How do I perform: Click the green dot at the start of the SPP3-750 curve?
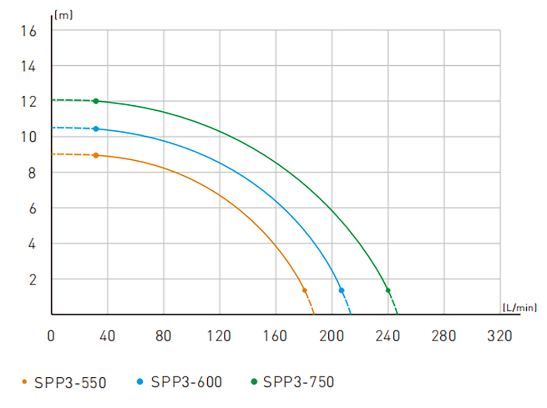(x=96, y=101)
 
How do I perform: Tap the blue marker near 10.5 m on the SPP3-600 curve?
(x=96, y=129)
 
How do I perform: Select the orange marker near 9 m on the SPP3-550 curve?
(x=96, y=155)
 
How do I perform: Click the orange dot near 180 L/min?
(x=304, y=290)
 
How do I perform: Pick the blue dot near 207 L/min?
(x=341, y=290)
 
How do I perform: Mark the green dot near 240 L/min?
(x=388, y=290)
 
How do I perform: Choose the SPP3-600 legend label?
(x=186, y=382)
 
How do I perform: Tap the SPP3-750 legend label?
(x=299, y=382)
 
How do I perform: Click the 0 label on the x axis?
(x=51, y=336)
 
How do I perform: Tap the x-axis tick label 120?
(x=220, y=336)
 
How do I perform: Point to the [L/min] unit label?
(x=520, y=308)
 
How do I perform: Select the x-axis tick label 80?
(x=163, y=336)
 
